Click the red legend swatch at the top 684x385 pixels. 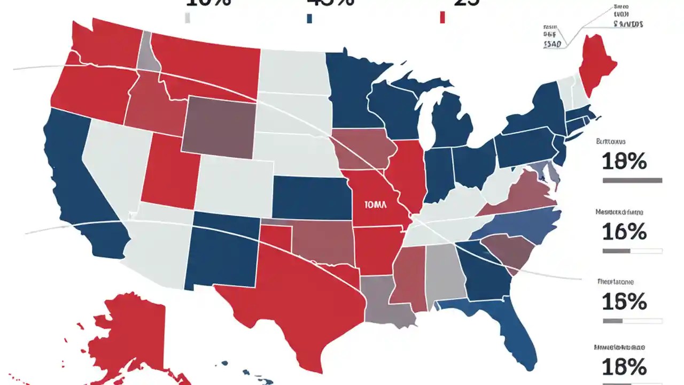(442, 18)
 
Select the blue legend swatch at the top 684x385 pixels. (309, 18)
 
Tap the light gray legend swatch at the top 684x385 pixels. (187, 18)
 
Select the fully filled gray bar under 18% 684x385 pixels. (632, 181)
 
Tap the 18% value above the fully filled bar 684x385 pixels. (624, 160)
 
